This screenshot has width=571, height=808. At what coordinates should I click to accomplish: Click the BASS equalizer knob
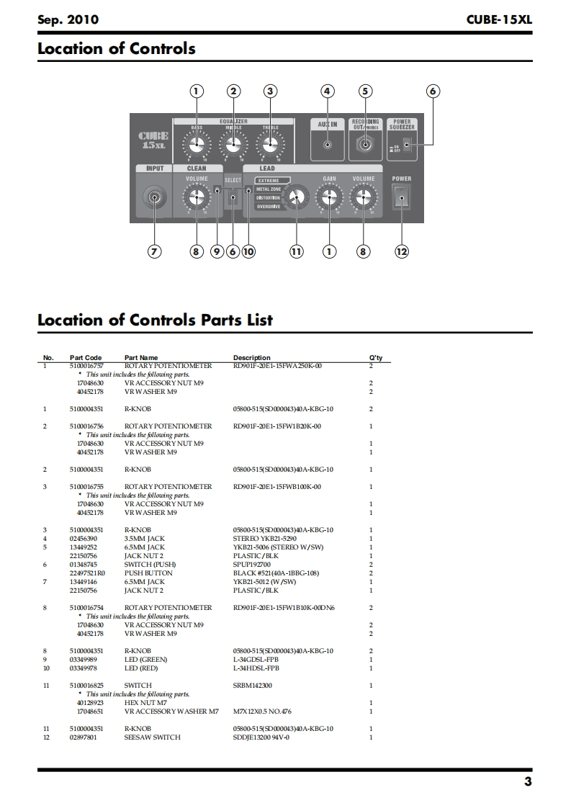click(194, 145)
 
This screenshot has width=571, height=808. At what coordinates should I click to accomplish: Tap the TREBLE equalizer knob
click(270, 145)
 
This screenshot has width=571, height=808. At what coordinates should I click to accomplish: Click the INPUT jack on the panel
click(154, 196)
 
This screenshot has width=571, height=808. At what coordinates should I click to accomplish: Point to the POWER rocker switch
click(401, 197)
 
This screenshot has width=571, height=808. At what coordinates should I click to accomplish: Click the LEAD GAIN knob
click(329, 196)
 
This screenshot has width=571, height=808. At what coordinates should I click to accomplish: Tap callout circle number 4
click(328, 91)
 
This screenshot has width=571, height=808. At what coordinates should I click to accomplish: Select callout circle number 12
click(401, 251)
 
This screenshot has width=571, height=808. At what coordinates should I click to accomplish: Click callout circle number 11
click(295, 251)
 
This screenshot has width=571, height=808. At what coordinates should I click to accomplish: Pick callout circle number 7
click(154, 251)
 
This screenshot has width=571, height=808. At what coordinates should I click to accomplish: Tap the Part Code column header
click(86, 357)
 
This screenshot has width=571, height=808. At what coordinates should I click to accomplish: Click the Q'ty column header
click(375, 357)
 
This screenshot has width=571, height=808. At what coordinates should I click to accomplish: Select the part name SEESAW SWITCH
click(152, 737)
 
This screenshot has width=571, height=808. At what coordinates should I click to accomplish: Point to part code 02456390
click(84, 539)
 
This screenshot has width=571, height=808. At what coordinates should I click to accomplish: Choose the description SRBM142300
click(253, 686)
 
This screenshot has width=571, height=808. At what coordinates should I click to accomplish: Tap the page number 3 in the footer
click(528, 783)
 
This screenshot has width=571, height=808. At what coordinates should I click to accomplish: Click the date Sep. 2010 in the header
click(68, 20)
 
